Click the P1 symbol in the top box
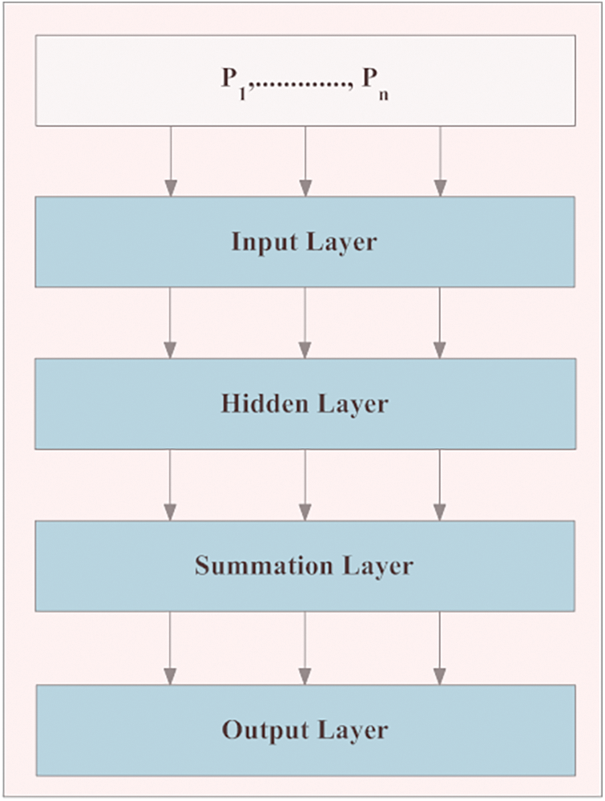pyautogui.click(x=233, y=83)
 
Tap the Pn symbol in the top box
pyautogui.click(x=380, y=83)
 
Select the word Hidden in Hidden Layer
pyautogui.click(x=260, y=403)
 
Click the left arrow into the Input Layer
pyautogui.click(x=170, y=161)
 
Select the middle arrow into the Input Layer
pyautogui.click(x=305, y=161)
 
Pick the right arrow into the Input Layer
pyautogui.click(x=439, y=161)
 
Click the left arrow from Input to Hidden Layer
pyautogui.click(x=170, y=322)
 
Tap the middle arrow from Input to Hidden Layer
pyautogui.click(x=305, y=322)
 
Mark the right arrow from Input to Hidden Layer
pyautogui.click(x=439, y=322)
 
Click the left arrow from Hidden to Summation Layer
pyautogui.click(x=170, y=484)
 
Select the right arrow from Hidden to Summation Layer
pyautogui.click(x=439, y=484)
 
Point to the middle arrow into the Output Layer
pyautogui.click(x=305, y=647)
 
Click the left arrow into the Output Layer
pyautogui.click(x=170, y=647)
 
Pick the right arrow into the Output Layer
pyautogui.click(x=439, y=647)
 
